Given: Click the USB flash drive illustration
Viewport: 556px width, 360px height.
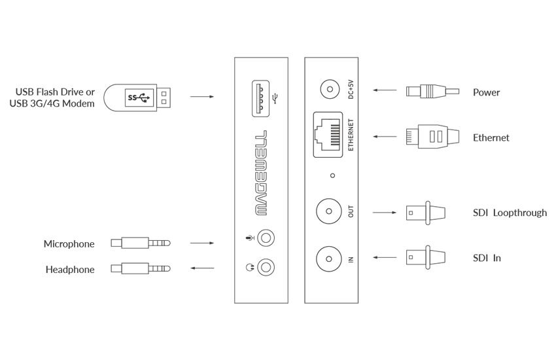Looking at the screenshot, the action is (137, 98).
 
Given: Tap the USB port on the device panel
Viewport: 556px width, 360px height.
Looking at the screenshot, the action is (260, 99).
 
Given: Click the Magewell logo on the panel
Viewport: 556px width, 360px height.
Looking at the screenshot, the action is (261, 173).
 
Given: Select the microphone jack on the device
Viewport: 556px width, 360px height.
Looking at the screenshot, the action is (266, 238).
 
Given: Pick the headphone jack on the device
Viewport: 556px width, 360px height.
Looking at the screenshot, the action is (266, 267).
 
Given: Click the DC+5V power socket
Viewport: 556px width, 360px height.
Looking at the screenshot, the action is (330, 90).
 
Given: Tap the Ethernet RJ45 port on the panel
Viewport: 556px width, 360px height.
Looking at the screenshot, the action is (328, 135).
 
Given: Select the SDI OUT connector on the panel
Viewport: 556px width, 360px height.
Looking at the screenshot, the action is (329, 211).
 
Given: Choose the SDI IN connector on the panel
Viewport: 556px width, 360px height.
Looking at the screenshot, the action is (329, 259).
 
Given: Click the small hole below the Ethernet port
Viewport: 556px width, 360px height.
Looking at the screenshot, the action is (332, 175).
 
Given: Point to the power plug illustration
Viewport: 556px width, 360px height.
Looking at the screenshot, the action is (432, 92).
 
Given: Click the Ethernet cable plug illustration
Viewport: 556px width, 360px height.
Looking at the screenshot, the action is (432, 137).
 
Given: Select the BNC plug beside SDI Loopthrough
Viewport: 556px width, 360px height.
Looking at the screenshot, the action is (426, 213).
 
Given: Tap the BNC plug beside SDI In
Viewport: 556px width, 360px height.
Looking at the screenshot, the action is (426, 257).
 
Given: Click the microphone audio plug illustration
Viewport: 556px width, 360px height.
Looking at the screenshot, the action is (141, 243).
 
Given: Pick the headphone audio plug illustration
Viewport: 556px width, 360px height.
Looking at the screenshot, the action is (141, 268).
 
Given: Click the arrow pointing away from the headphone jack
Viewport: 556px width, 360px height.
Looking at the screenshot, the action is (203, 268).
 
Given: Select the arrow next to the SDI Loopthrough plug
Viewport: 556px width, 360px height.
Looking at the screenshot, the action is (385, 213).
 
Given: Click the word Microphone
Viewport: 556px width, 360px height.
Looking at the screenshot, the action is (69, 244).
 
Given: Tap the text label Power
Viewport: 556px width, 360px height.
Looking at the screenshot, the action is (486, 92).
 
